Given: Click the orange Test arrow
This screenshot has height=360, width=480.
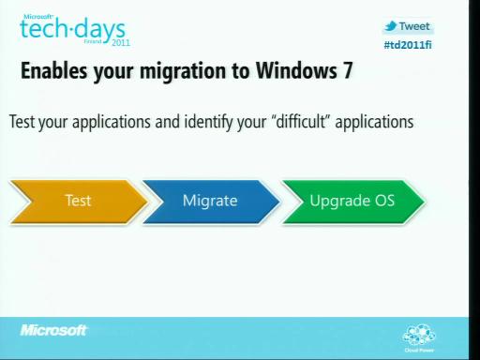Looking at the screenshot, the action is pyautogui.click(x=79, y=202).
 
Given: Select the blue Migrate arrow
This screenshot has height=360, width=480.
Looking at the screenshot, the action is pyautogui.click(x=211, y=202).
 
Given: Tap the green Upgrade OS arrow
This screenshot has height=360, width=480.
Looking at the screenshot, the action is pyautogui.click(x=353, y=202).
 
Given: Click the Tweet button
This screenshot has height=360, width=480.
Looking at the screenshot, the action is pyautogui.click(x=408, y=26).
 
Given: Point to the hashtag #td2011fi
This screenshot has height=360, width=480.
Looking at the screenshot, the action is pyautogui.click(x=408, y=45).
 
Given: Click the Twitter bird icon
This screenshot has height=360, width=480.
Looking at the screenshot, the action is pyautogui.click(x=391, y=26).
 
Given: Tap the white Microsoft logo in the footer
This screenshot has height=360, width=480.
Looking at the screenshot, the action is pyautogui.click(x=53, y=330).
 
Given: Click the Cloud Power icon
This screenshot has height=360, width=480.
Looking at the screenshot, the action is pyautogui.click(x=419, y=338).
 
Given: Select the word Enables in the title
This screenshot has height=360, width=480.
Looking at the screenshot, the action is pyautogui.click(x=54, y=70).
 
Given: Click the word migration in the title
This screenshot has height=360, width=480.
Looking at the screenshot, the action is pyautogui.click(x=183, y=72).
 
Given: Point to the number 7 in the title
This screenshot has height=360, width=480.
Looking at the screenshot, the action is pyautogui.click(x=348, y=70).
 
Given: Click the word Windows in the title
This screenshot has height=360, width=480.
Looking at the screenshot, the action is pyautogui.click(x=296, y=70).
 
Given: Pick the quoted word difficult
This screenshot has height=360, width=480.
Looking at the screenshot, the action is pyautogui.click(x=301, y=121).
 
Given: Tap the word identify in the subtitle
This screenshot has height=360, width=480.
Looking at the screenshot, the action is pyautogui.click(x=208, y=123).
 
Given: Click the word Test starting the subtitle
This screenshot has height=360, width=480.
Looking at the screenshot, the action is pyautogui.click(x=22, y=122).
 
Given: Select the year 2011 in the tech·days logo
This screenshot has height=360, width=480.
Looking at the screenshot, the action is pyautogui.click(x=121, y=43).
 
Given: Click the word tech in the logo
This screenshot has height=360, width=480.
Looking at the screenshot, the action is pyautogui.click(x=43, y=29).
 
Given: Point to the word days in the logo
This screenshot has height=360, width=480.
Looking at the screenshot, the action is pyautogui.click(x=100, y=31).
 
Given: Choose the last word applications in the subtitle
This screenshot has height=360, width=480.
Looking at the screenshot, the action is pyautogui.click(x=374, y=123).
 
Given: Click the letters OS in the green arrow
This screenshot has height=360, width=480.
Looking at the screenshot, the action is pyautogui.click(x=384, y=201).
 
